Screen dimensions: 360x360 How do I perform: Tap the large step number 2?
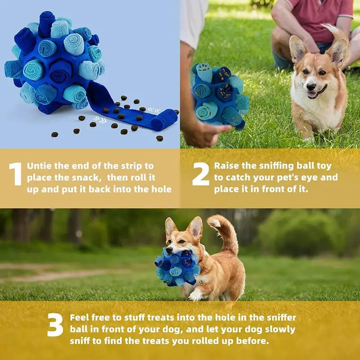pos(200,174)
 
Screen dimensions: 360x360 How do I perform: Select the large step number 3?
pos(55,325)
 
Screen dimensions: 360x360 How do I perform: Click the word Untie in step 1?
pos(41,166)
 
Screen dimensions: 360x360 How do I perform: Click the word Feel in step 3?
pos(81,318)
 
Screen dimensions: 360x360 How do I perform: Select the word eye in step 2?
pos(313,177)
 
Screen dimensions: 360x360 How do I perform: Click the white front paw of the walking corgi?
pos(195,296)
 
